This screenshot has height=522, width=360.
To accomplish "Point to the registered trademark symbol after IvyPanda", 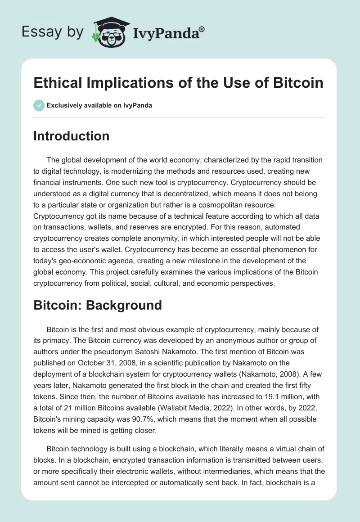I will [202, 29].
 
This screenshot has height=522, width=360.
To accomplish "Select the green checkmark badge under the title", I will [39, 105].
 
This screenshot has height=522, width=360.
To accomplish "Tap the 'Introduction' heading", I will [71, 136].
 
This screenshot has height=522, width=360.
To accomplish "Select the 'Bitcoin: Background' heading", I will [97, 305].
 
